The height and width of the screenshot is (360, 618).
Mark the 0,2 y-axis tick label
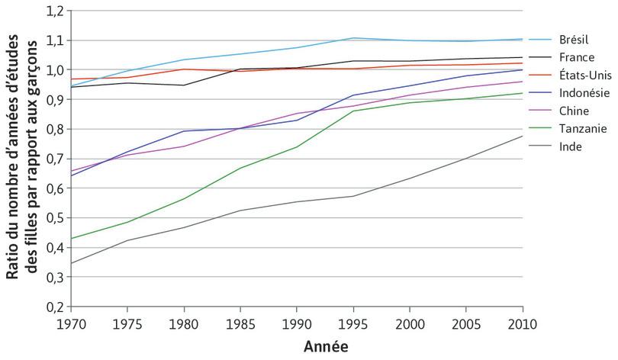(x=56, y=307)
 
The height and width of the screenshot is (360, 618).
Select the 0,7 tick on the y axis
(x=56, y=159)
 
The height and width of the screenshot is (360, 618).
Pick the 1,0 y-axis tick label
(x=56, y=70)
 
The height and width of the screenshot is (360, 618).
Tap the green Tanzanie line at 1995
(x=353, y=111)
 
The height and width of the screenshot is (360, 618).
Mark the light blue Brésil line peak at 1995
(x=353, y=38)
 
